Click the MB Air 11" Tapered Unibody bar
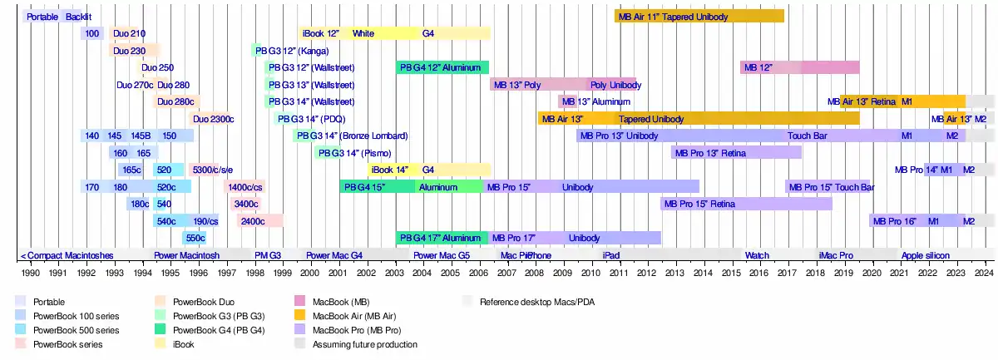[x=699, y=16]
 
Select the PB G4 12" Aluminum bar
[x=442, y=67]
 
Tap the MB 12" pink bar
[x=799, y=67]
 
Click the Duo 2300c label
[x=214, y=119]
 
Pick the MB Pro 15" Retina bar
[x=746, y=204]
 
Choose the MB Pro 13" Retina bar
[x=736, y=153]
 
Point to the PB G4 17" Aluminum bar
[x=442, y=238]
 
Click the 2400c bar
[x=259, y=221]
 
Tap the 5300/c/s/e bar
[x=212, y=170]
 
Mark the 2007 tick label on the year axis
[x=506, y=272]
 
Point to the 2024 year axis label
[x=984, y=272]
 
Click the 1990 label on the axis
[x=30, y=272]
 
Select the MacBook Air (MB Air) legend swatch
[x=298, y=315]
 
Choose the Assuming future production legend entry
[x=364, y=343]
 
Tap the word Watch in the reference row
[x=757, y=255]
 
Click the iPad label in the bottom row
[x=611, y=255]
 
